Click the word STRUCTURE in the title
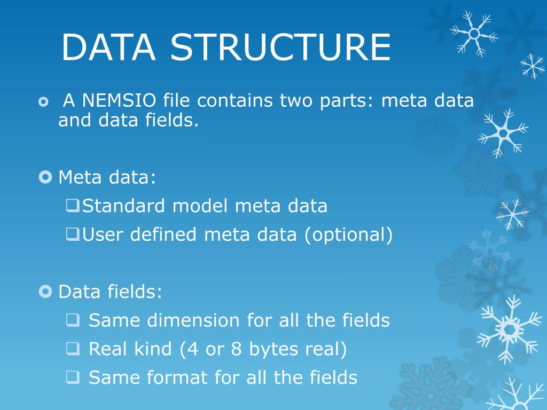click(281, 47)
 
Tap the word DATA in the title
click(108, 47)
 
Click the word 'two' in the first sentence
click(297, 100)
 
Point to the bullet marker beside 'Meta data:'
click(46, 176)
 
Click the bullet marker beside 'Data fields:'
click(46, 291)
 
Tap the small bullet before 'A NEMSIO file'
click(43, 101)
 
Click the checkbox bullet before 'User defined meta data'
click(72, 233)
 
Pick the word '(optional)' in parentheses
click(349, 234)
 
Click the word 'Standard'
click(124, 206)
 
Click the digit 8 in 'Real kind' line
click(236, 349)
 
